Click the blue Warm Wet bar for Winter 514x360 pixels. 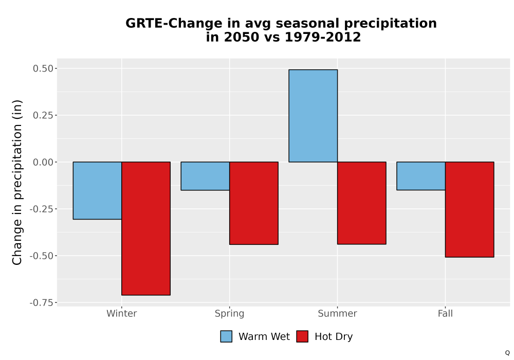[x=97, y=190]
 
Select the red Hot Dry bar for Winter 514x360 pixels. [x=146, y=228]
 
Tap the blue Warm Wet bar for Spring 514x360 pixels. [x=205, y=176]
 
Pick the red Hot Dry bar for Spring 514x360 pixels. [x=254, y=203]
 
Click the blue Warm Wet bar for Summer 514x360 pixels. [x=313, y=116]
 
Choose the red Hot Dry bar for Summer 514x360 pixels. [x=361, y=203]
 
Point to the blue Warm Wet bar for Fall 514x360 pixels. [x=421, y=176]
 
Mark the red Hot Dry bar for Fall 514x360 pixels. [x=469, y=209]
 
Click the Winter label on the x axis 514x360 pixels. [x=122, y=313]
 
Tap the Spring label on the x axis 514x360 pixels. [x=229, y=314]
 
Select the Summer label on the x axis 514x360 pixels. [x=337, y=313]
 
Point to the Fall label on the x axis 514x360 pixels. [x=445, y=313]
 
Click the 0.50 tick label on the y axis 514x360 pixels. [x=43, y=68]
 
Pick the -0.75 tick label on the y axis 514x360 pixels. [x=41, y=302]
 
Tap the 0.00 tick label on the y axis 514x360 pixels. [x=43, y=162]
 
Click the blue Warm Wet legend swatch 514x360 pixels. [x=226, y=336]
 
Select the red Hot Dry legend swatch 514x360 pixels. [x=302, y=336]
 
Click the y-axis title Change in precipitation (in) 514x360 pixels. [x=17, y=182]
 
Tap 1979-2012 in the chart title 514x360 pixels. [x=323, y=37]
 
